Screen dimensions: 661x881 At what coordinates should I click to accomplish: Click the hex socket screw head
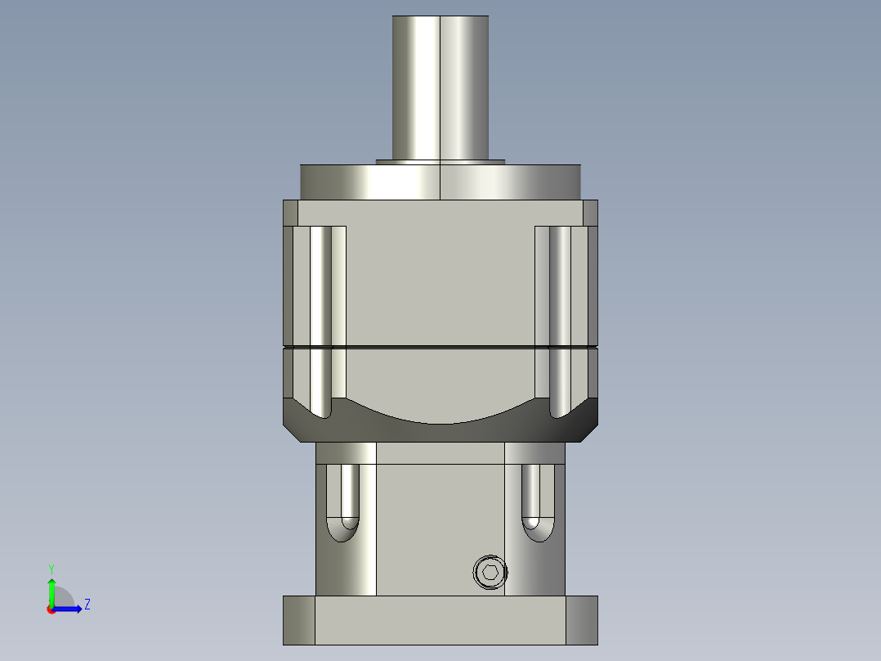point(490,573)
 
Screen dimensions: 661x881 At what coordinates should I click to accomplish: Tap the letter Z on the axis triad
point(87,605)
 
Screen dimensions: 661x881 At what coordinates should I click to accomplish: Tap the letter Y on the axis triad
point(51,568)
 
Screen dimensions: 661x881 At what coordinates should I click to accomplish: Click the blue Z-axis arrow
point(70,609)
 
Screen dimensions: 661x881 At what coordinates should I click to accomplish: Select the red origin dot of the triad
point(51,609)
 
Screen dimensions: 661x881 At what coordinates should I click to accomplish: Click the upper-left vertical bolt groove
point(320,319)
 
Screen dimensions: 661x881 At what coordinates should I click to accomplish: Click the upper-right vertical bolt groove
point(560,319)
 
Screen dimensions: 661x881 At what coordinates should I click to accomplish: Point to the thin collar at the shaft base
point(440,161)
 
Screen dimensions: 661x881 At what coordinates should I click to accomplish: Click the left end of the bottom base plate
point(298,619)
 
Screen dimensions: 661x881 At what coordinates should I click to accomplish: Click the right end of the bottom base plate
point(581,619)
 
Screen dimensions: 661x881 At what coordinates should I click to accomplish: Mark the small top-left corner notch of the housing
point(290,213)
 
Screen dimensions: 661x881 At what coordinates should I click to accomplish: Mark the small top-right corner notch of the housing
point(590,213)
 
